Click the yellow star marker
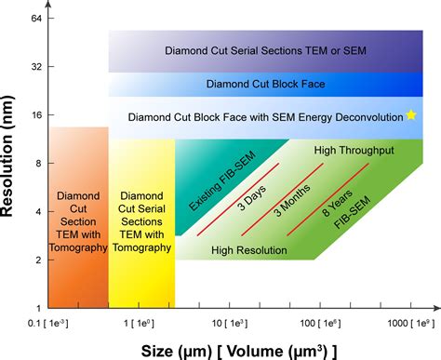pyautogui.click(x=410, y=115)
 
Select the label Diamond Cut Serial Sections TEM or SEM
pyautogui.click(x=265, y=50)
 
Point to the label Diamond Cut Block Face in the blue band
pyautogui.click(x=265, y=84)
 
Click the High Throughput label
pyautogui.click(x=354, y=150)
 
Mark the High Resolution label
pyautogui.click(x=249, y=249)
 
